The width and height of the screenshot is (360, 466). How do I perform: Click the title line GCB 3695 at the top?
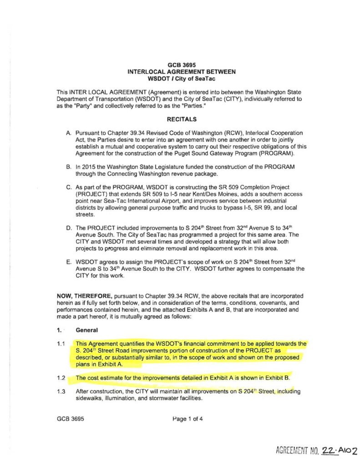(181, 65)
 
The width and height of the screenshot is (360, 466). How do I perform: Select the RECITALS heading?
(181, 120)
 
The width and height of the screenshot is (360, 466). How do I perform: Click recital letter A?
(68, 132)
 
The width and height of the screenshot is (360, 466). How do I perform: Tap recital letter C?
(68, 187)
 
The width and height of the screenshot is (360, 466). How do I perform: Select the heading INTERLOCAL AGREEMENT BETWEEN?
(181, 72)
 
